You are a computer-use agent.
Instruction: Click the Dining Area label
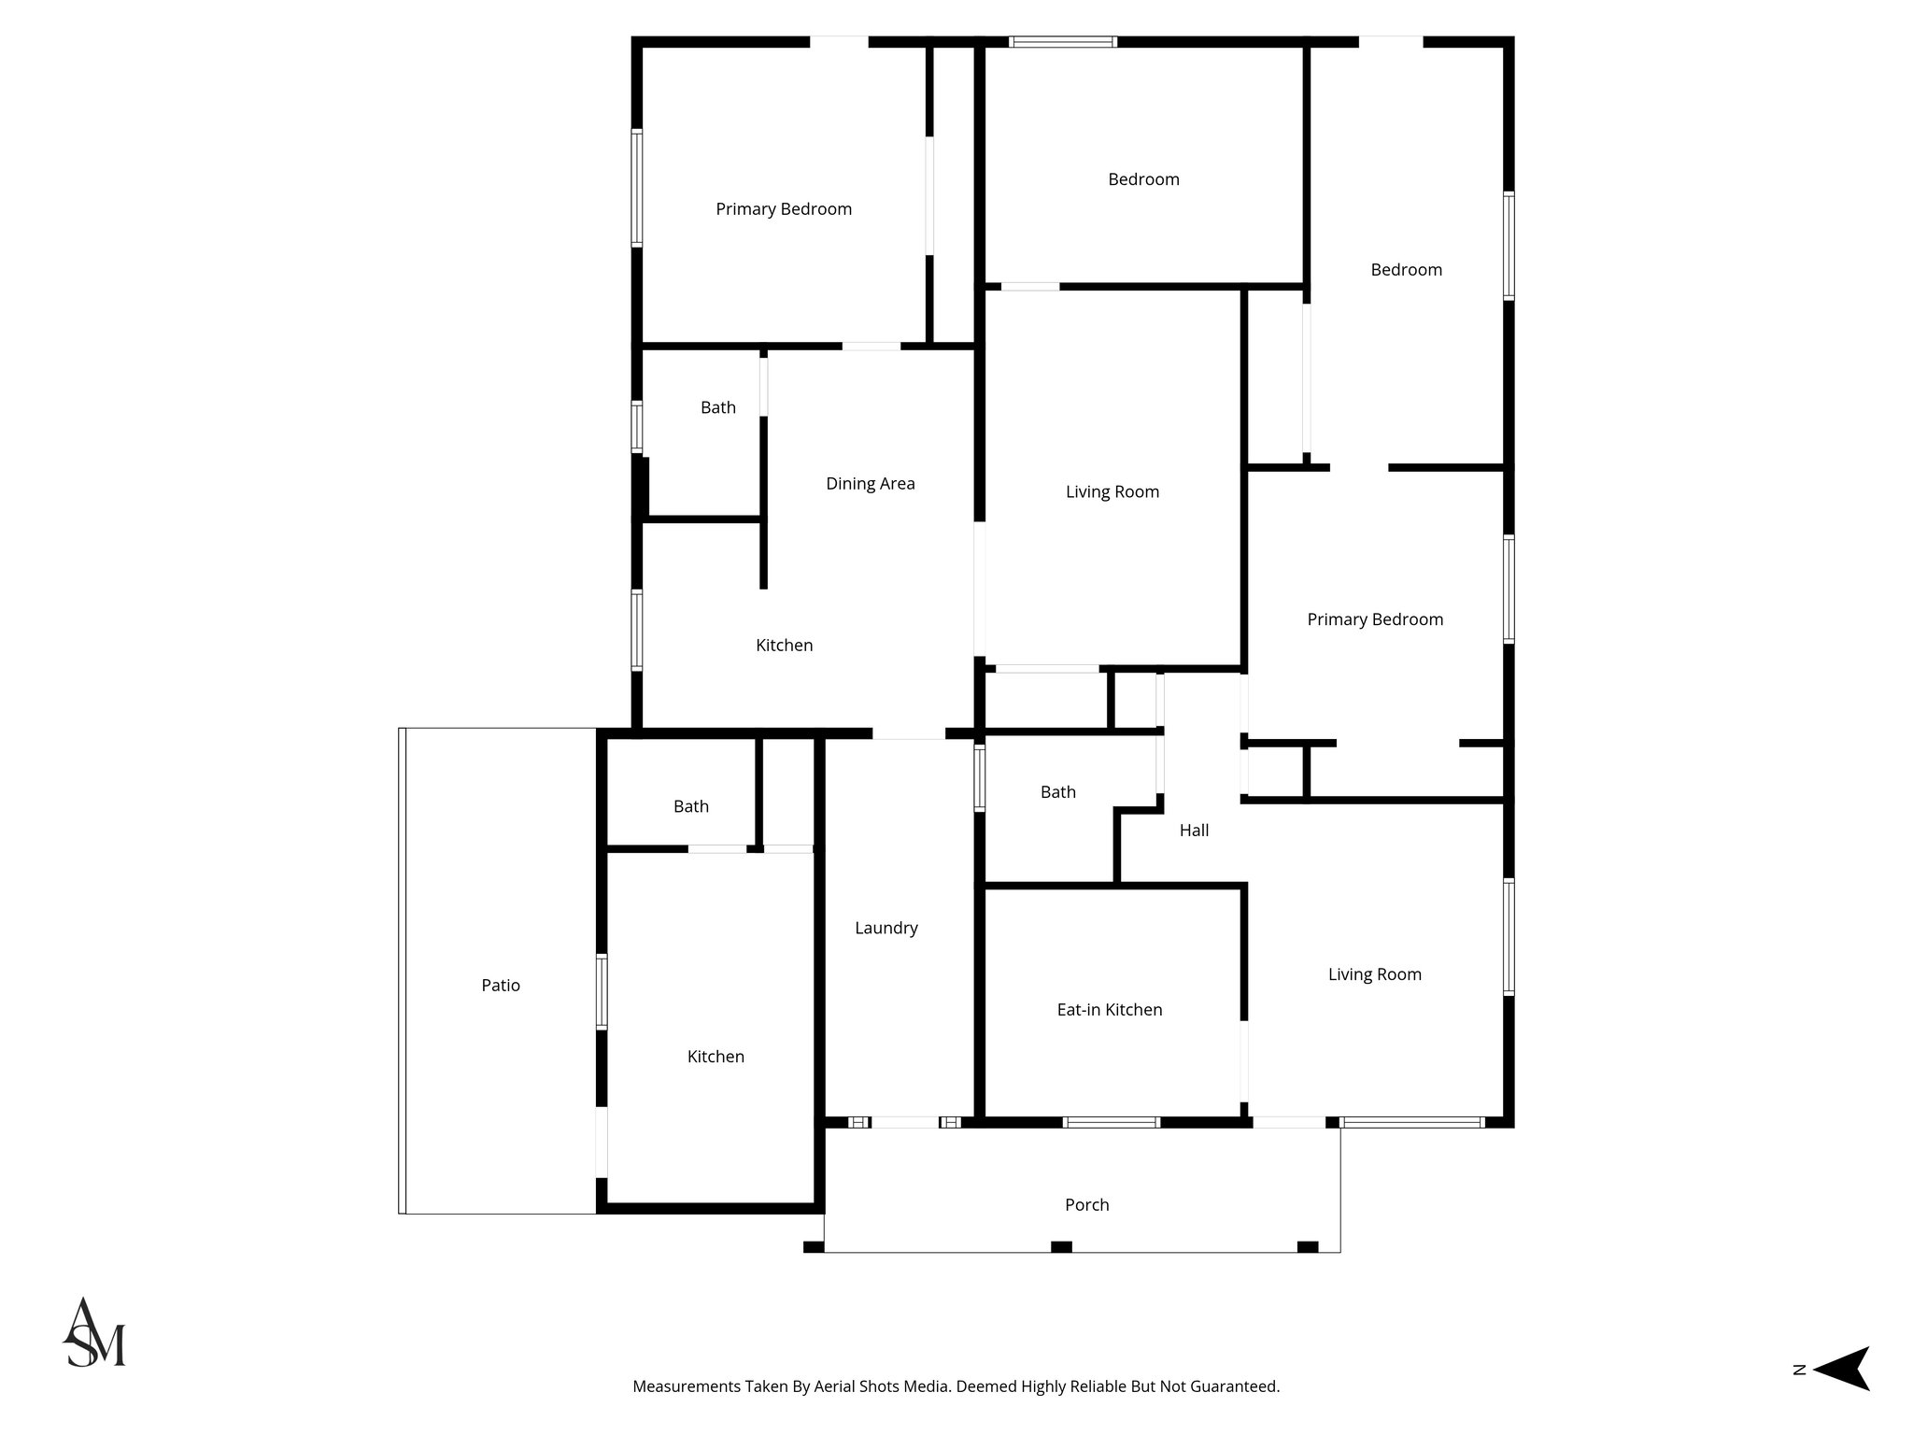[x=870, y=484]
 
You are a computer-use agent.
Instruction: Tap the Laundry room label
[x=886, y=928]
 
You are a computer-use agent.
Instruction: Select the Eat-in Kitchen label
[x=1109, y=1010]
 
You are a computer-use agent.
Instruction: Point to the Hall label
[x=1194, y=831]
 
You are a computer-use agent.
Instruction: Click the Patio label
[x=501, y=986]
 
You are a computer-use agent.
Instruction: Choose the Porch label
[x=1086, y=1205]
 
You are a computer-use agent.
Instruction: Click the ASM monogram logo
[x=94, y=1333]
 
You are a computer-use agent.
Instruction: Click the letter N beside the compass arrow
[x=1798, y=1396]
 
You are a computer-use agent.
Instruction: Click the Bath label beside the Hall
[x=1057, y=792]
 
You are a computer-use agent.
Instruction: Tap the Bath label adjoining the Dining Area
[x=717, y=407]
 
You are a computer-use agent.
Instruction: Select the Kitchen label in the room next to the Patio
[x=716, y=1057]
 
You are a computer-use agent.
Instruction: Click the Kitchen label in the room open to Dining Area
[x=784, y=646]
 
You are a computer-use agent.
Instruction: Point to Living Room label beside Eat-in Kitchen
[x=1374, y=974]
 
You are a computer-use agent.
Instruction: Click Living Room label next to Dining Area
[x=1112, y=492]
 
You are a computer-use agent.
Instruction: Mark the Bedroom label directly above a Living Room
[x=1143, y=179]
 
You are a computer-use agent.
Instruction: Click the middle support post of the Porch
[x=1060, y=1246]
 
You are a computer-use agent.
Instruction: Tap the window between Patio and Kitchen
[x=602, y=992]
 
